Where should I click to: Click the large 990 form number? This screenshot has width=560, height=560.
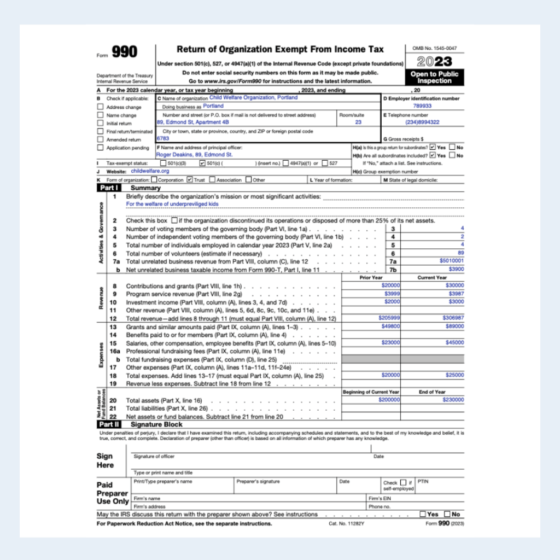[x=125, y=52]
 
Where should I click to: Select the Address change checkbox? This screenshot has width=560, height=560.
[x=100, y=107]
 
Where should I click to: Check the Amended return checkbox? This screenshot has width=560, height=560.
[x=100, y=139]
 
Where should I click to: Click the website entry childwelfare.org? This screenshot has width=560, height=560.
[x=150, y=171]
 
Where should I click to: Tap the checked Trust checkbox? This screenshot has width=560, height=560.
[x=190, y=179]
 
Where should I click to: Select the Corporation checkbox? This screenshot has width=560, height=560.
[x=154, y=179]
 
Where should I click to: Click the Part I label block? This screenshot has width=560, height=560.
[x=108, y=188]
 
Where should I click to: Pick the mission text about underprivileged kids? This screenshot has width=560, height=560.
[x=172, y=204]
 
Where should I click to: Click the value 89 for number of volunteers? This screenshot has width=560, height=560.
[x=460, y=253]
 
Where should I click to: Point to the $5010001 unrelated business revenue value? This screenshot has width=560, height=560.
[x=451, y=261]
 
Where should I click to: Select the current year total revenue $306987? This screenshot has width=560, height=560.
[x=453, y=318]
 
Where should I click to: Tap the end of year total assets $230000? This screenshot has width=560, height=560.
[x=453, y=400]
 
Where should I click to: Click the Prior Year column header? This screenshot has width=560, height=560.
[x=371, y=277]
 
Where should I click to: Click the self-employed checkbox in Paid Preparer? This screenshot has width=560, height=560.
[x=404, y=482]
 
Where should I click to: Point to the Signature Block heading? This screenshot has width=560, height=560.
[x=156, y=424]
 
